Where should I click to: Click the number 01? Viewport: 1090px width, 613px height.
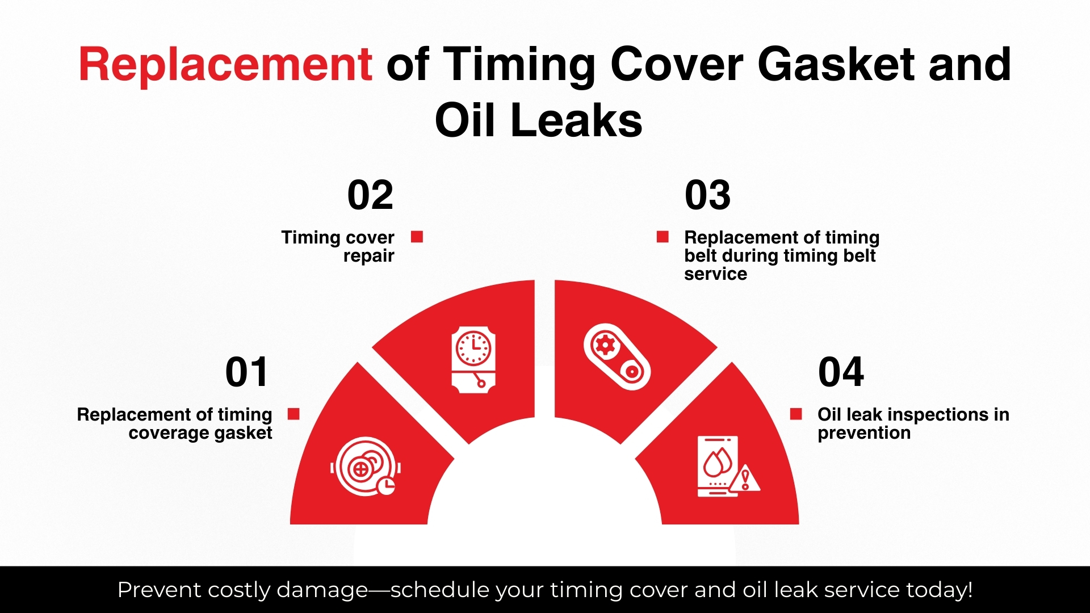(x=246, y=372)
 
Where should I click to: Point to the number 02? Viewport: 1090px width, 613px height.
(x=370, y=195)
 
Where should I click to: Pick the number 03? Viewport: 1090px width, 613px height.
(x=707, y=195)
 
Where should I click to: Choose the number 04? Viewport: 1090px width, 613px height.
(x=841, y=372)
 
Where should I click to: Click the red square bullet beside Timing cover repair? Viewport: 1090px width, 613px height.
(x=417, y=237)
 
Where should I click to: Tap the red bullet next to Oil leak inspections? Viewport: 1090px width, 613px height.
(x=796, y=414)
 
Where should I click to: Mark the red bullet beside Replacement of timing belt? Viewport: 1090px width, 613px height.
(x=663, y=237)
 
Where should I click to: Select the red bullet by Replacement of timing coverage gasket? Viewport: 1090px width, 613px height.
(x=294, y=414)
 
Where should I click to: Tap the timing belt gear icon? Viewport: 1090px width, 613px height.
(x=617, y=356)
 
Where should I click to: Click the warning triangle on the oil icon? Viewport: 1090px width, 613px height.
(x=745, y=478)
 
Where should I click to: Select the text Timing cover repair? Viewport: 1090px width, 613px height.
(x=338, y=246)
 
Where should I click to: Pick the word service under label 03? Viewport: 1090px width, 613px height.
(x=715, y=274)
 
